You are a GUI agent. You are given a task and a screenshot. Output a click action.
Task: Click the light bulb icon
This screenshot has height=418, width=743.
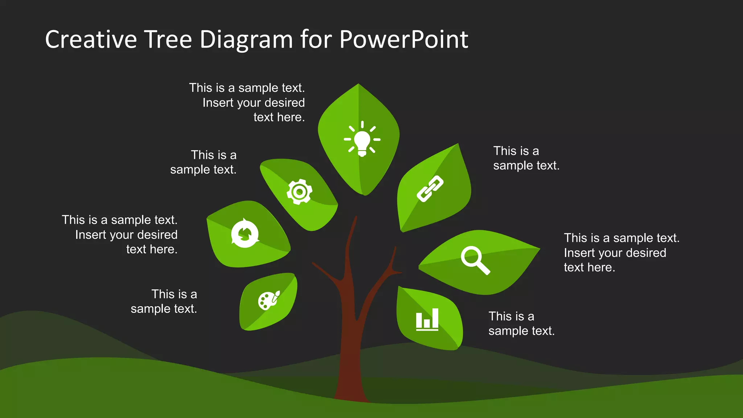coord(362,140)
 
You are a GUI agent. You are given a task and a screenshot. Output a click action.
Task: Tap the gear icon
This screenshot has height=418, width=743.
coord(299,192)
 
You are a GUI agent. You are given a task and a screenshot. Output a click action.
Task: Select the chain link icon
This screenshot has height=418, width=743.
coord(430,188)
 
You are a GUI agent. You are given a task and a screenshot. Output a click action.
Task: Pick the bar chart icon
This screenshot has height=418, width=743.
coord(427,319)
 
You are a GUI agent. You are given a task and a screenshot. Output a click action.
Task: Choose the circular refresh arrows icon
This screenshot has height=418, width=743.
coord(245,233)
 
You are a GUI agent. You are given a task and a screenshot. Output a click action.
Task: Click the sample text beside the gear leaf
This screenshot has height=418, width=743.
coord(204,162)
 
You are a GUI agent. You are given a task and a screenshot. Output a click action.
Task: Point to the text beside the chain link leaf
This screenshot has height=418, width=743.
coord(526,158)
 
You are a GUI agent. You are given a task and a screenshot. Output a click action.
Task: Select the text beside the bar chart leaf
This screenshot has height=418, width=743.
coord(521,323)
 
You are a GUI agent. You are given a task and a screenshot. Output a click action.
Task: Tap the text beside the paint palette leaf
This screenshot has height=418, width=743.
coord(164,301)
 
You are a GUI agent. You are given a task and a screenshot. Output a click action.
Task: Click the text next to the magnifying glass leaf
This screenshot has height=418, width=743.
coord(621,253)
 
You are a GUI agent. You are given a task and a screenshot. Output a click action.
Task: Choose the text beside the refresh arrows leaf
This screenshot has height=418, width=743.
coord(120,234)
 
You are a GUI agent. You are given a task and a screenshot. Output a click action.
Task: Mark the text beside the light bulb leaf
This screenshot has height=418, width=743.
coord(247,102)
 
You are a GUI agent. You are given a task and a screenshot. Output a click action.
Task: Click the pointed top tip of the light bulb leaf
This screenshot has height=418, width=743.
coord(358,85)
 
